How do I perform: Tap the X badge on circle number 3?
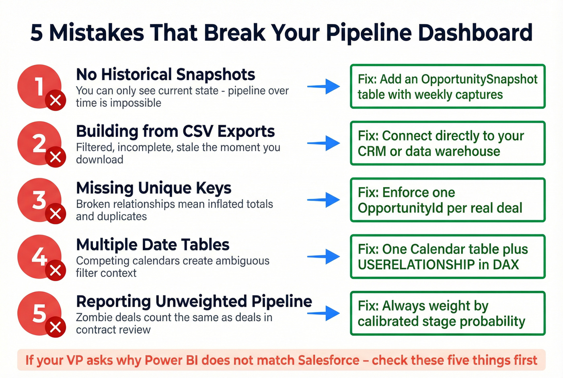click(x=55, y=213)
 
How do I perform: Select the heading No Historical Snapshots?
click(x=165, y=74)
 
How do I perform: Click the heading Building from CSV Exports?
click(x=175, y=131)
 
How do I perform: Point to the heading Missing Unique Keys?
click(x=154, y=188)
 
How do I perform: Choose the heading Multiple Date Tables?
click(x=152, y=245)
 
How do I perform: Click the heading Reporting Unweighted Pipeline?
click(x=194, y=302)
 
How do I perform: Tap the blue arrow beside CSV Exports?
click(x=324, y=143)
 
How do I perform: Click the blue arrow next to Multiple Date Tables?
click(x=324, y=256)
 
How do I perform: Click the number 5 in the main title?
click(x=37, y=33)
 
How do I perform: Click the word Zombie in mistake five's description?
click(x=94, y=318)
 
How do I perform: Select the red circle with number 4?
click(x=38, y=256)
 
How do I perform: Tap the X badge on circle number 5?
click(x=55, y=327)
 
